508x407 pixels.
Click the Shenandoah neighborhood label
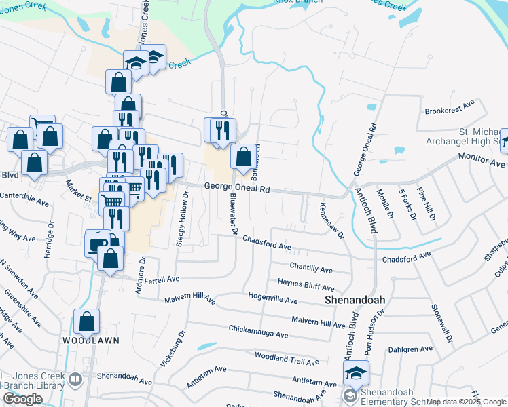[x=353, y=299]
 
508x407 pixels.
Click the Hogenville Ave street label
[x=273, y=300]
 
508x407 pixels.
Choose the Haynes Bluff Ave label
[x=306, y=285]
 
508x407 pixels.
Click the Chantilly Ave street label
[x=311, y=267]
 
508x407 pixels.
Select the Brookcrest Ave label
[x=449, y=109]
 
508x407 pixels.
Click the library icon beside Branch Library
[x=75, y=379]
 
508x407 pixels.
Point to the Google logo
[x=23, y=399]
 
